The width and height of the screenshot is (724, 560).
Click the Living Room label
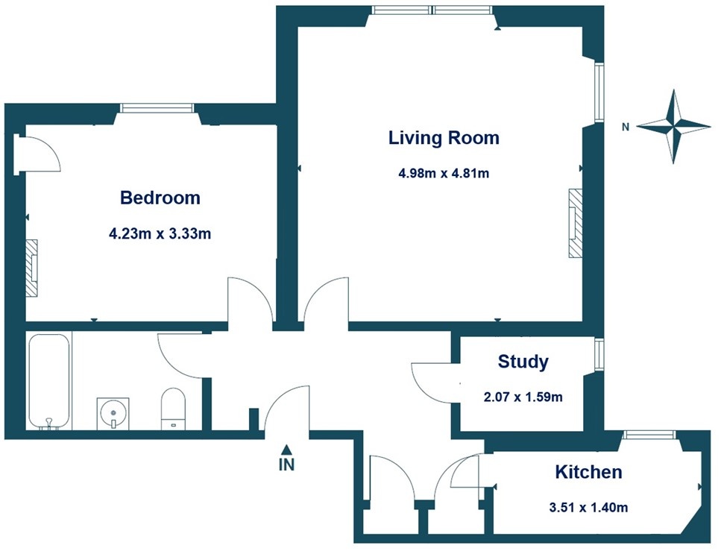point(444,138)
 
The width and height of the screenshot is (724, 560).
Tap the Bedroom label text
point(160,198)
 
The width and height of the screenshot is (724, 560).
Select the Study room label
point(523,362)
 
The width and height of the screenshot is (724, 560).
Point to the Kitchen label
point(588,472)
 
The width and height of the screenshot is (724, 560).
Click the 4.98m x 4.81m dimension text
point(444,174)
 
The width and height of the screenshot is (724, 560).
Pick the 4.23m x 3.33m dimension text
point(160,233)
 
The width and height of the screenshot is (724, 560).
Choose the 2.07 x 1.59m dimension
point(523,397)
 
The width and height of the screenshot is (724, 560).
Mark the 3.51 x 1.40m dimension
point(587,508)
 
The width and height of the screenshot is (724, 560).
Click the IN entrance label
point(287,465)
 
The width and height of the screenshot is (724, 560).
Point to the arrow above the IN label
point(287,449)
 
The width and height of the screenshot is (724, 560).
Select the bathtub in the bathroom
point(49,381)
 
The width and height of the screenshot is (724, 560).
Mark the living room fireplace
point(575,223)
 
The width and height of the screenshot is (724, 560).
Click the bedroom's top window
point(158,108)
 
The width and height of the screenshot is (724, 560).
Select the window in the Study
point(598,353)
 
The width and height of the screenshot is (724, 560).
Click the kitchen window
point(648,434)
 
